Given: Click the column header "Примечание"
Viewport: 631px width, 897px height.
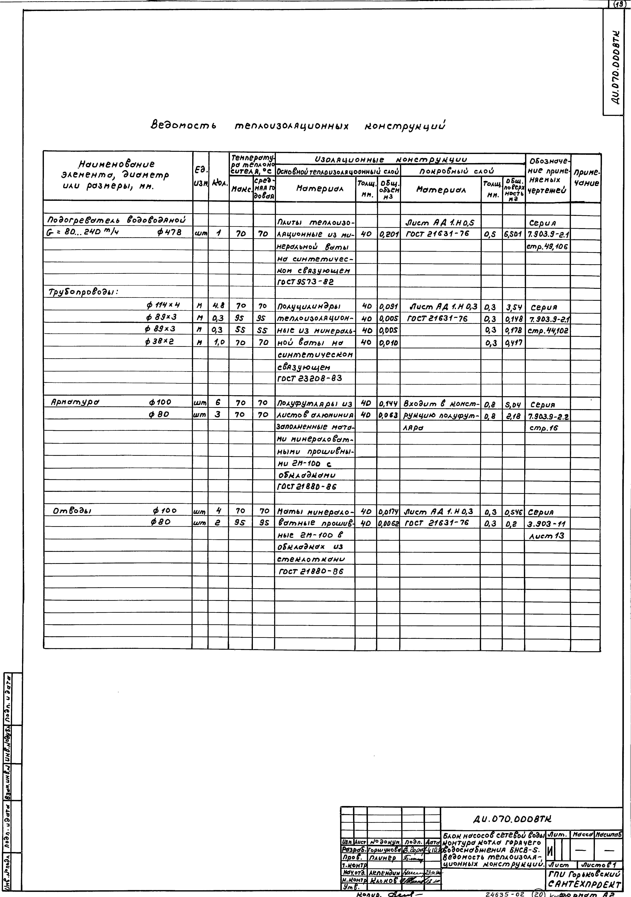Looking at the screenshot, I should coord(586,178).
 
